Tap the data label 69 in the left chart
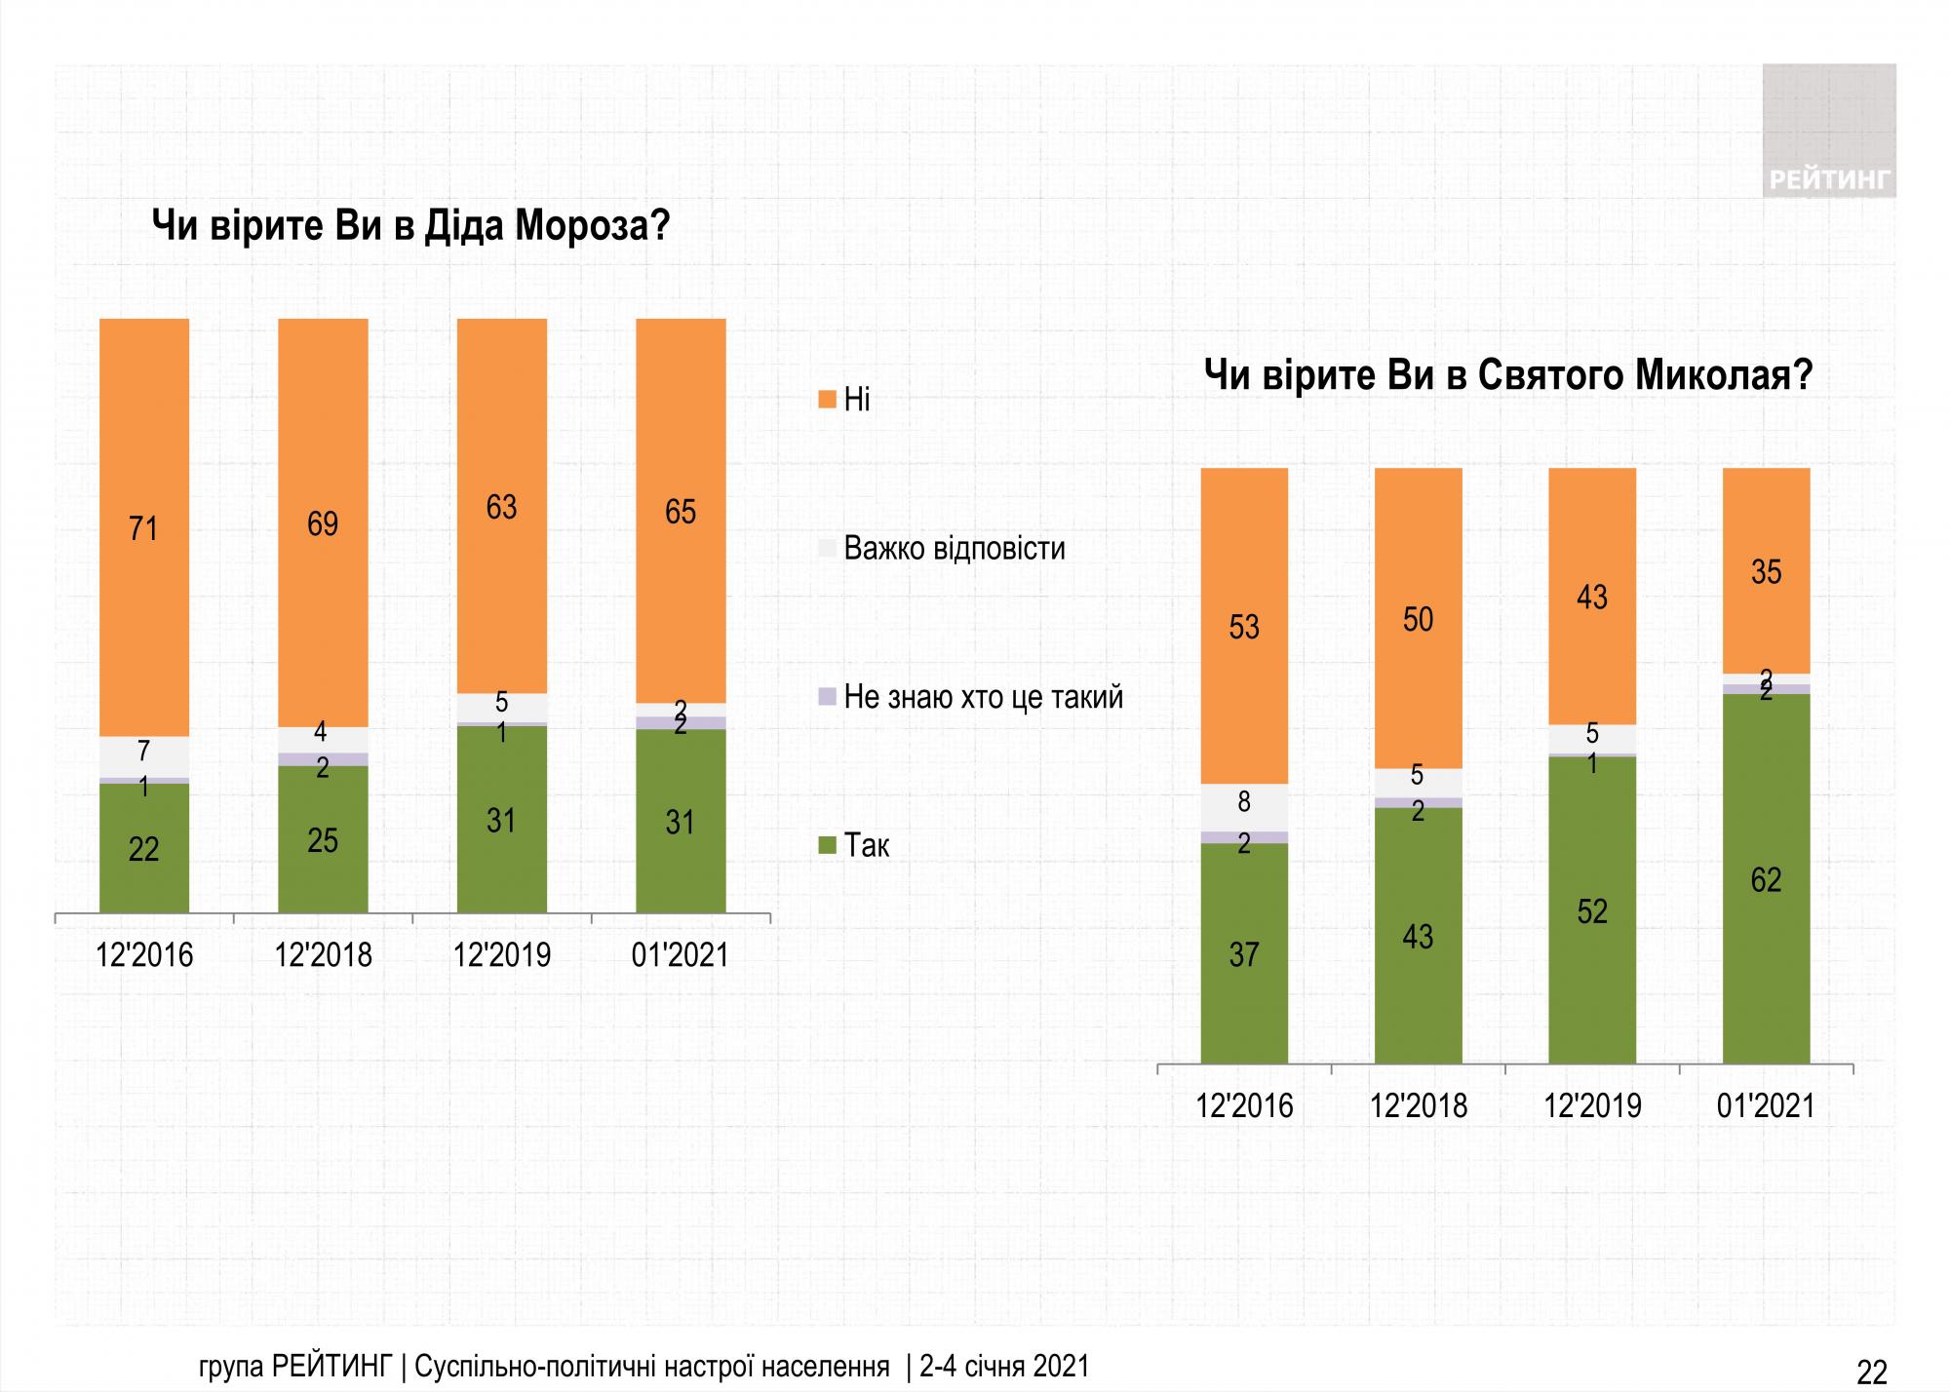323,524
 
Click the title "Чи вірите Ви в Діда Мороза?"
410,226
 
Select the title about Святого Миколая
1508,375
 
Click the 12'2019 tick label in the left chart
502,954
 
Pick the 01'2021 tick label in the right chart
1766,1105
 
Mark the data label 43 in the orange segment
1592,597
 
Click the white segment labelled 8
1244,803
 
